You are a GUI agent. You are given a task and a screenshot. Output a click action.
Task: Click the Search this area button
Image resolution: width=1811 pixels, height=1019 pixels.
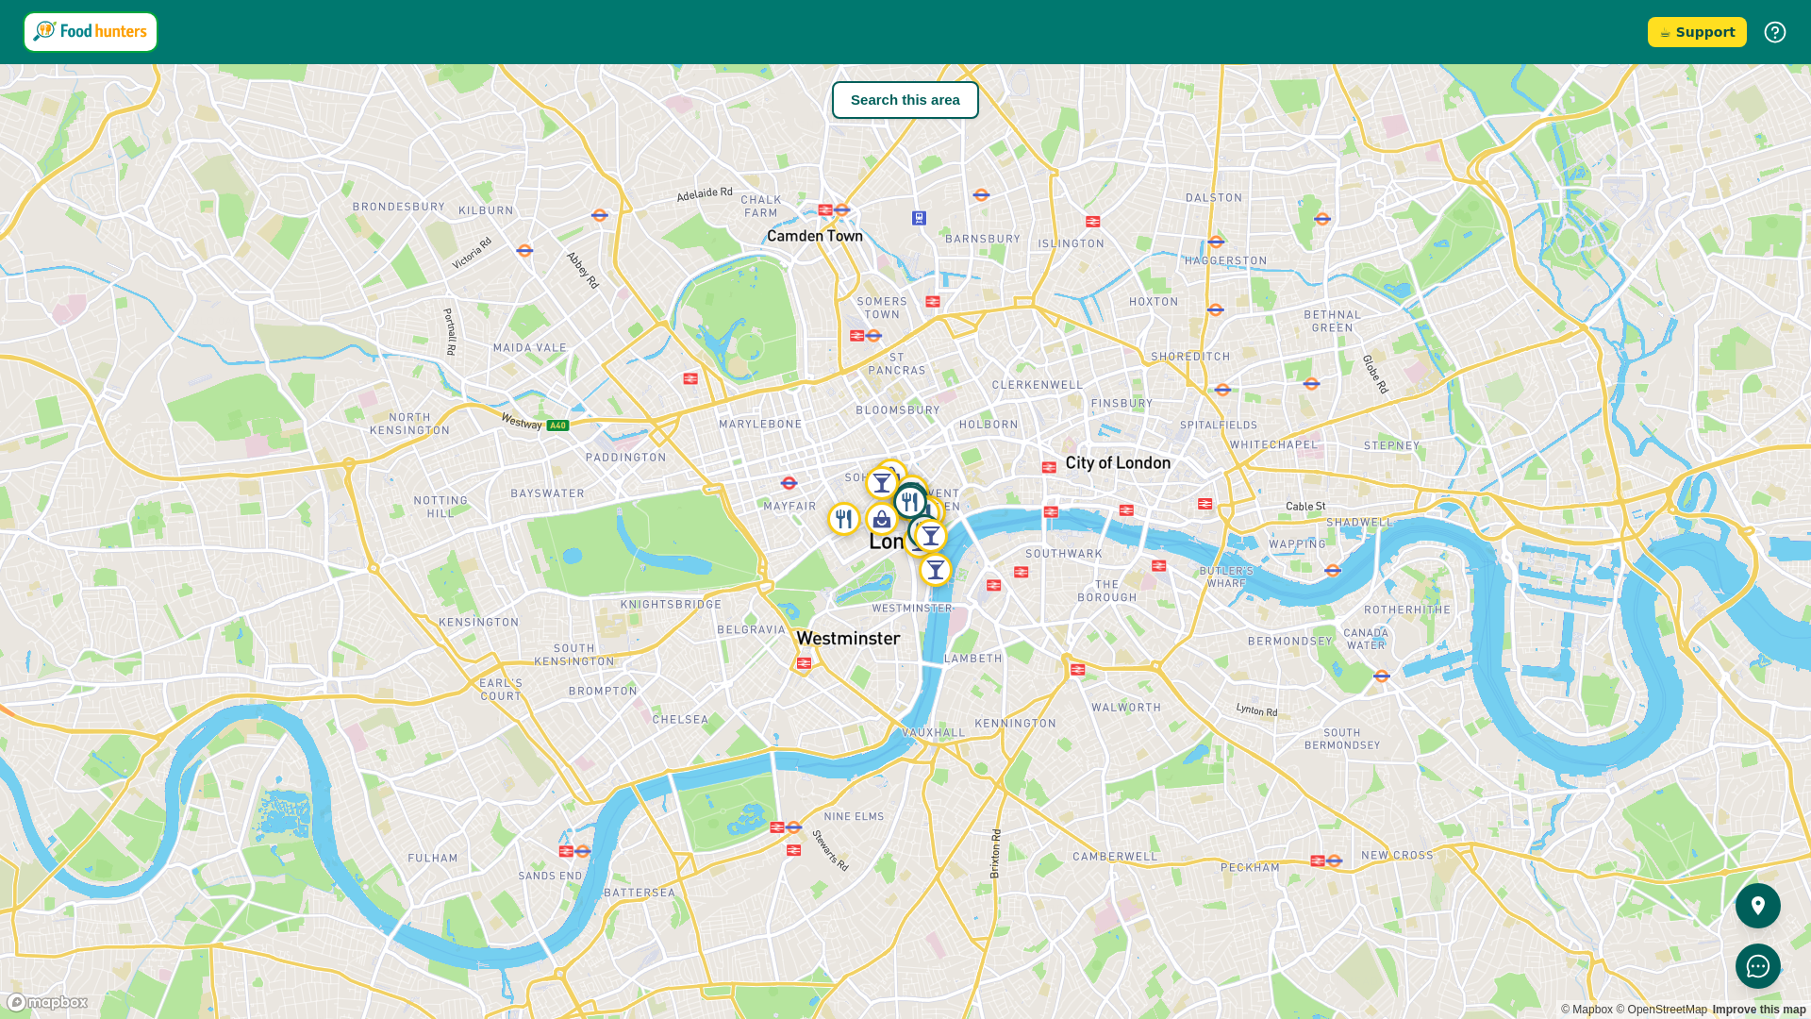click(x=905, y=100)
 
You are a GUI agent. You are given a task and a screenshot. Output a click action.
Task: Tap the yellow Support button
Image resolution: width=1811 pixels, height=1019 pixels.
click(x=1696, y=32)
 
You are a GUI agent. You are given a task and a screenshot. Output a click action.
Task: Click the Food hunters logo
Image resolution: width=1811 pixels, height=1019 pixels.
click(x=91, y=32)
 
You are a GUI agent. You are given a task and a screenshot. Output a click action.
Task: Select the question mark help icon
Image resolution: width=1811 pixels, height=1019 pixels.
click(x=1774, y=32)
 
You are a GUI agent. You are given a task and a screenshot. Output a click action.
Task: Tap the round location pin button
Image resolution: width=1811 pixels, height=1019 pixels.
click(x=1757, y=906)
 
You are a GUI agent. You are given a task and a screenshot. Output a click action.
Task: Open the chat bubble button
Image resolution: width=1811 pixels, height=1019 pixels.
click(x=1757, y=966)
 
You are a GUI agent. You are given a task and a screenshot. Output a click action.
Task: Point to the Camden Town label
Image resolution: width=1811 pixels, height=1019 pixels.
click(x=814, y=236)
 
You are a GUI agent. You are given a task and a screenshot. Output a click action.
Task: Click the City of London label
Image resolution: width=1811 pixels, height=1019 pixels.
click(x=1118, y=462)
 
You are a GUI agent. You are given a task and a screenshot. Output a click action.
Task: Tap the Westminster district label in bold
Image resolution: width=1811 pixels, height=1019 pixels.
click(x=847, y=639)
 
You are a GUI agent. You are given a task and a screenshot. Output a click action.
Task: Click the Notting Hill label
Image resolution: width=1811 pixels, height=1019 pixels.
click(x=440, y=507)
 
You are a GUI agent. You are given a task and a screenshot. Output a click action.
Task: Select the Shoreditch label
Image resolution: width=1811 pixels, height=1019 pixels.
click(x=1190, y=357)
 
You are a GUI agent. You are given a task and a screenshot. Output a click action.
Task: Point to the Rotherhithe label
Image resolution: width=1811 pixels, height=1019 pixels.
click(x=1406, y=610)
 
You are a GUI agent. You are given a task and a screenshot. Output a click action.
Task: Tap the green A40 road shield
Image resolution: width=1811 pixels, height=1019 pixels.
click(x=557, y=426)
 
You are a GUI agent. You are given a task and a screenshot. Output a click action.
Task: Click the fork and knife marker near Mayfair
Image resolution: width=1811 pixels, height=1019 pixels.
click(x=843, y=519)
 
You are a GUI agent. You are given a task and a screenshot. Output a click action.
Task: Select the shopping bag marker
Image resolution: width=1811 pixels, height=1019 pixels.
click(x=881, y=519)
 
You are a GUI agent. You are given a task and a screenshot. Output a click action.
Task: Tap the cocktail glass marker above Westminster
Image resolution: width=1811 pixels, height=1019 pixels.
click(x=935, y=570)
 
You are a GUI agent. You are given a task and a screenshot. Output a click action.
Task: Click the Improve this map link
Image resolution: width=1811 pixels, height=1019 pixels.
click(x=1758, y=1010)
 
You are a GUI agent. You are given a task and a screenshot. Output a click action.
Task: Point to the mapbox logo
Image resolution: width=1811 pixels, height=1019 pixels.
click(x=47, y=1002)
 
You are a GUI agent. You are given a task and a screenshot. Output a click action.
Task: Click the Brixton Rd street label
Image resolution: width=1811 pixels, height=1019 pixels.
click(x=995, y=854)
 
